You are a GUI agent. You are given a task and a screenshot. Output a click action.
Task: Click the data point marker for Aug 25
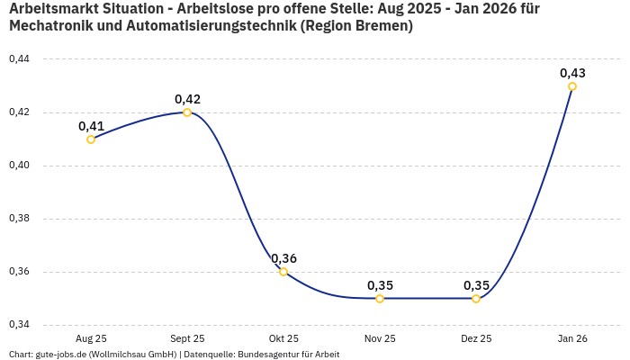pyautogui.click(x=91, y=139)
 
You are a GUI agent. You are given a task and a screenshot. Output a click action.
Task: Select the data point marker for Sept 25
pyautogui.click(x=187, y=112)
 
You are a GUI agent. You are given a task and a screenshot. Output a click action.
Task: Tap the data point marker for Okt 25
pyautogui.click(x=283, y=272)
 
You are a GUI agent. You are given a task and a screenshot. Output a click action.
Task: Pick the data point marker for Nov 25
pyautogui.click(x=380, y=299)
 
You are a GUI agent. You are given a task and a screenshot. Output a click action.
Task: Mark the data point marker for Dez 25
pyautogui.click(x=476, y=299)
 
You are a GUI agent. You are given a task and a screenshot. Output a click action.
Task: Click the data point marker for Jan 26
pyautogui.click(x=572, y=86)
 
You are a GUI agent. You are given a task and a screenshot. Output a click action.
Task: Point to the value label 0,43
pyautogui.click(x=572, y=73)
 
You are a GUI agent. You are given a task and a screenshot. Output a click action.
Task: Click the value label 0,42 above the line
pyautogui.click(x=187, y=99)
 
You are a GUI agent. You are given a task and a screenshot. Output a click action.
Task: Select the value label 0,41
pyautogui.click(x=91, y=126)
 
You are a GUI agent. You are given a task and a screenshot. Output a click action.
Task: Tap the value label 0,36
pyautogui.click(x=283, y=258)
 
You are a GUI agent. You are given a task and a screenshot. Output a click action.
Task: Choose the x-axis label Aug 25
pyautogui.click(x=91, y=338)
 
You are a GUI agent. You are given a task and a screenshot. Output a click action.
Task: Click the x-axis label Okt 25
pyautogui.click(x=283, y=338)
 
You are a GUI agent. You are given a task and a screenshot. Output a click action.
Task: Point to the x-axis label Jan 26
pyautogui.click(x=572, y=338)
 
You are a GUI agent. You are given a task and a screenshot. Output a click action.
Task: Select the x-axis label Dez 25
pyautogui.click(x=476, y=338)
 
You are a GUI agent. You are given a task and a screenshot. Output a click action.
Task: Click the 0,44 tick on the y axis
pyautogui.click(x=18, y=59)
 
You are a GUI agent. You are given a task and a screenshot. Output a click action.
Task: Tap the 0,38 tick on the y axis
pyautogui.click(x=18, y=219)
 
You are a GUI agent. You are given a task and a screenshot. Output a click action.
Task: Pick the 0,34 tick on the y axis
pyautogui.click(x=18, y=325)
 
